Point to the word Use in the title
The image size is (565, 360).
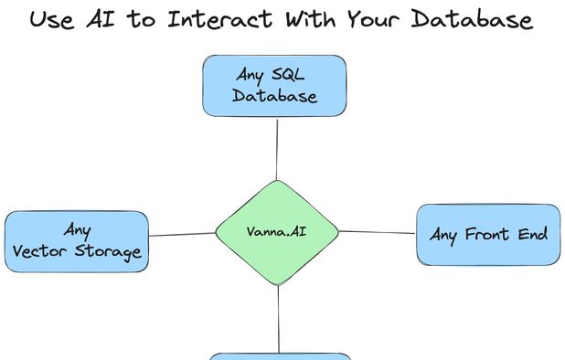[x=51, y=19]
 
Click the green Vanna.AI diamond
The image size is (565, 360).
[x=277, y=232]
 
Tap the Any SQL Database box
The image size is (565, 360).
[x=274, y=85]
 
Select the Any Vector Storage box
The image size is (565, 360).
[x=77, y=240]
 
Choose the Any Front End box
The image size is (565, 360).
[x=488, y=235]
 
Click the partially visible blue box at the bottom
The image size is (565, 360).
[x=281, y=356]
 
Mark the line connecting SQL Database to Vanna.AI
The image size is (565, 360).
[x=276, y=148]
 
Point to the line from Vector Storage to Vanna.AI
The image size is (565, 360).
[x=181, y=235]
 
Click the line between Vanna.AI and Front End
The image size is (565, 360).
[x=377, y=232]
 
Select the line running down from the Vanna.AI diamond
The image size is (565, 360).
[x=279, y=320]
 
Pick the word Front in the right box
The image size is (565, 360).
[x=488, y=235]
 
